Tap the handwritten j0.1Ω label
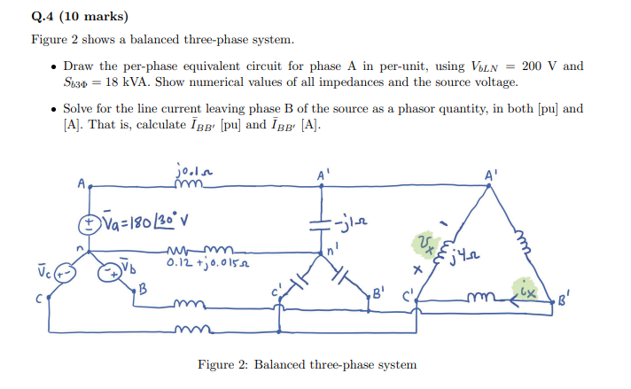(193, 168)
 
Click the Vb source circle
(109, 270)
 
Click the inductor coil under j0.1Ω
(192, 183)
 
